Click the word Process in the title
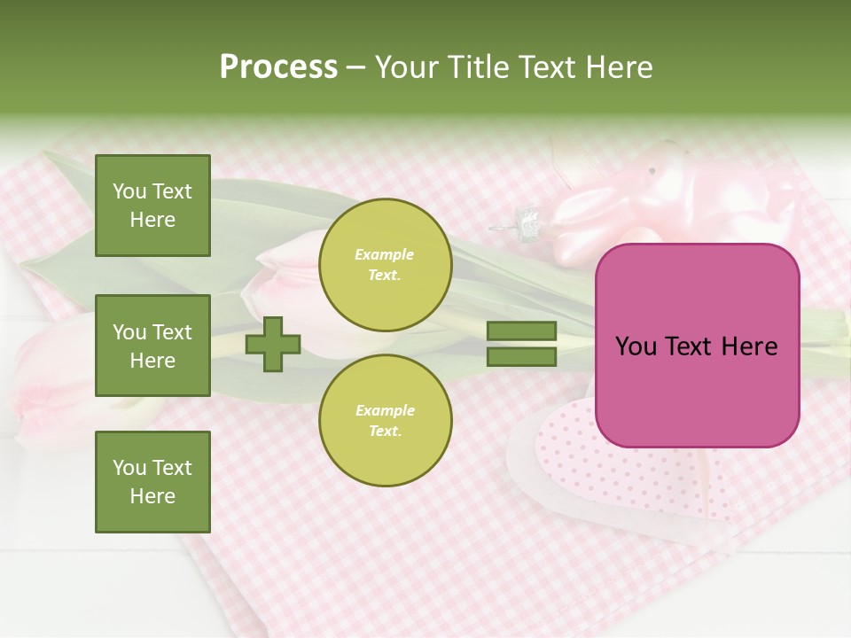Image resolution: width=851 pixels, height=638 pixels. click(x=278, y=67)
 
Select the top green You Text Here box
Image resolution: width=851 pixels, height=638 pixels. click(x=152, y=206)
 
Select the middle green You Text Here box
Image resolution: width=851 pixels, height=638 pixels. click(x=152, y=346)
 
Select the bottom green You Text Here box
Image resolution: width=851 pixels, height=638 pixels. click(x=152, y=482)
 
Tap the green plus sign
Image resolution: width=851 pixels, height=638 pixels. click(x=273, y=344)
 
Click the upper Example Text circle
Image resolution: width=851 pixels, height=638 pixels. click(x=385, y=264)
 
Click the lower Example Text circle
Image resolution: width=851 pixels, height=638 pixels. click(x=385, y=420)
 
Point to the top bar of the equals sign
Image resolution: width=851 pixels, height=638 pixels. click(x=521, y=331)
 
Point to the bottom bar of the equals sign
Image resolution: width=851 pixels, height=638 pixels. click(x=521, y=356)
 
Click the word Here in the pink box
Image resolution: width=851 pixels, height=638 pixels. click(x=749, y=346)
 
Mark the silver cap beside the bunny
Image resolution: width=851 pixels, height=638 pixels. click(x=529, y=224)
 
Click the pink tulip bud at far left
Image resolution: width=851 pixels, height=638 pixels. click(x=44, y=381)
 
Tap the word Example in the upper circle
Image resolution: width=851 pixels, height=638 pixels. click(x=385, y=254)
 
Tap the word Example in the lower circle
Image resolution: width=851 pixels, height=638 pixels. click(x=385, y=410)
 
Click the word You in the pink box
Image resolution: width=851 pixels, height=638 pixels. click(x=636, y=346)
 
